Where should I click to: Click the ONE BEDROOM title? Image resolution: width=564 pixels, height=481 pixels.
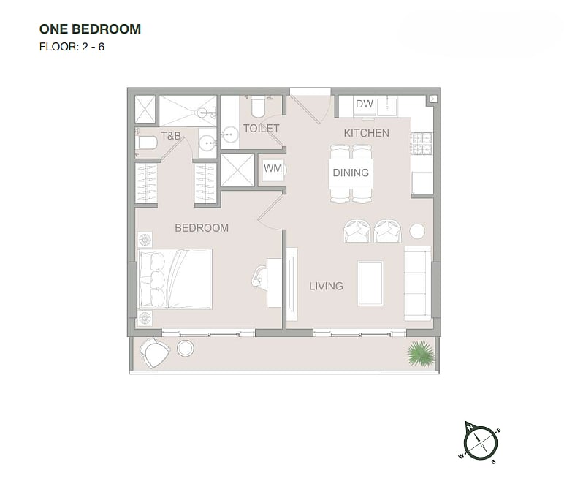(90, 29)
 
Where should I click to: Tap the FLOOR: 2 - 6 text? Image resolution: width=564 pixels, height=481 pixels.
(72, 47)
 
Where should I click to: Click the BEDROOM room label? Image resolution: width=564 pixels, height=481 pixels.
(202, 228)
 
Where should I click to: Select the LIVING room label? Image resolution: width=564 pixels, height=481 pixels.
(327, 287)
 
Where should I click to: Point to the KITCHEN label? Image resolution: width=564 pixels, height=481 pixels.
(366, 133)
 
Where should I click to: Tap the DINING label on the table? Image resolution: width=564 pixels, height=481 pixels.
(351, 173)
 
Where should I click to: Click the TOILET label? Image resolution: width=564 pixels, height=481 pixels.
(261, 129)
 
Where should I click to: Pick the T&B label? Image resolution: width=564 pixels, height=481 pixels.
(170, 136)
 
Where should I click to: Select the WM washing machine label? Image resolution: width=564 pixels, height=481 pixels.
(273, 168)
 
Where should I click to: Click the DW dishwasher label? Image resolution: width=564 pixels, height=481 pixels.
(364, 104)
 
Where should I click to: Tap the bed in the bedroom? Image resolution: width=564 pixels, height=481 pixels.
(175, 279)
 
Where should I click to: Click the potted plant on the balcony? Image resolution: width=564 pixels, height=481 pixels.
(421, 354)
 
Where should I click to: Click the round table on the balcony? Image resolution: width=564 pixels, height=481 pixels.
(186, 349)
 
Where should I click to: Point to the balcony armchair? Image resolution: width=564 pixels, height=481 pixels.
(155, 352)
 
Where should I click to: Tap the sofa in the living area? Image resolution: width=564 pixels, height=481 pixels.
(418, 284)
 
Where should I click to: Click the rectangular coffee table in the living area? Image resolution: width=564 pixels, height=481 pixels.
(370, 284)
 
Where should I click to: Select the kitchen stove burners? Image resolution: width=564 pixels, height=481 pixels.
(422, 143)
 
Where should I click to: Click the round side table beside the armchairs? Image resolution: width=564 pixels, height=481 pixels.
(417, 231)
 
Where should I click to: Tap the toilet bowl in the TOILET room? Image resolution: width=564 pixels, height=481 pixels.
(259, 107)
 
